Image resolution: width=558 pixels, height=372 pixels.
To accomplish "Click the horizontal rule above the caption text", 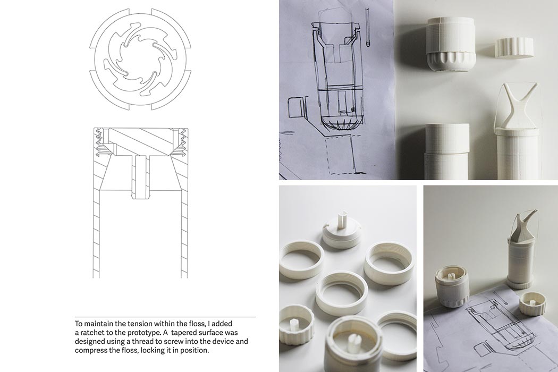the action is tap(165, 317).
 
